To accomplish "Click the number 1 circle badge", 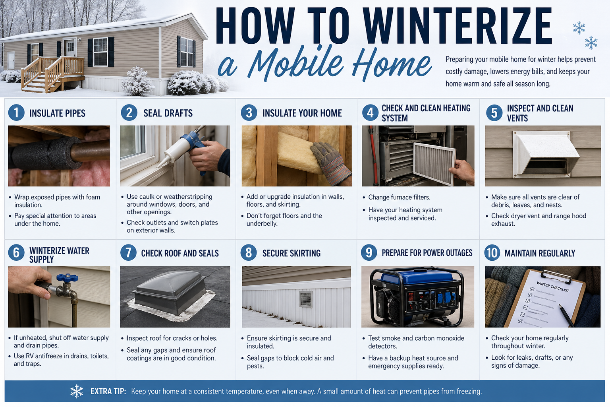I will click(16, 113).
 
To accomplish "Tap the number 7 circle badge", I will click(129, 253).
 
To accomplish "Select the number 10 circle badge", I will click(492, 253).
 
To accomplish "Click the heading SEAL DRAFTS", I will click(168, 113).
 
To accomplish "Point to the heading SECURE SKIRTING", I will click(291, 253).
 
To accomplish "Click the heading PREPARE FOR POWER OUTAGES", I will click(427, 253).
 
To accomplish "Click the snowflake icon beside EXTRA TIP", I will click(77, 391).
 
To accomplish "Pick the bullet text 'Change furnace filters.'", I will click(399, 197).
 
